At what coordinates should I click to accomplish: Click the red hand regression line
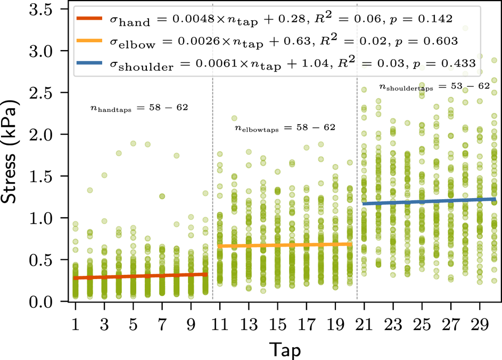tap(141, 276)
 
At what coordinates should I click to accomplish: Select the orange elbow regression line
tap(285, 245)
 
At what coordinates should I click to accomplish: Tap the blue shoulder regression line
tap(429, 201)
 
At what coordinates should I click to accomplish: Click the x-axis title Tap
tap(284, 349)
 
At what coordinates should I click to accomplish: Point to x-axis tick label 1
tap(76, 323)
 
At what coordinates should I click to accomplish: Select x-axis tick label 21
tap(364, 323)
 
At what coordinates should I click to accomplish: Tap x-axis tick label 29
tap(479, 323)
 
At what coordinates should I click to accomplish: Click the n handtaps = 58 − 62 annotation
tap(139, 108)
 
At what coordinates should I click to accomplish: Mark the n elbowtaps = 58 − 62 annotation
tap(285, 128)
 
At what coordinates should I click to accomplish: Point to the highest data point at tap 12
tap(234, 118)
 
